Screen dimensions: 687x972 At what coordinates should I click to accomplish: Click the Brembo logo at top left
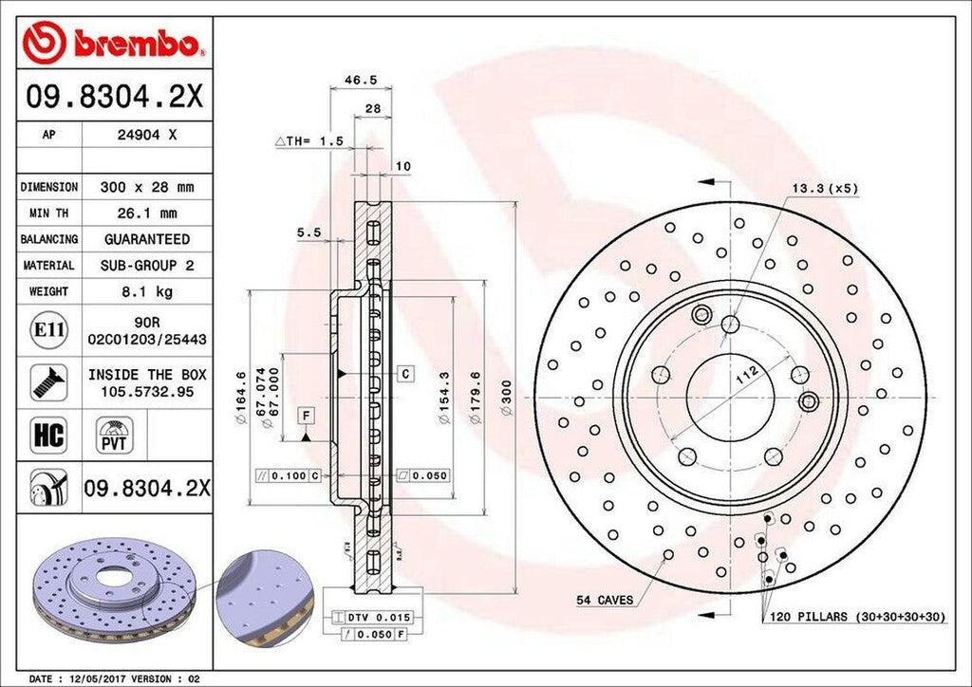(x=114, y=42)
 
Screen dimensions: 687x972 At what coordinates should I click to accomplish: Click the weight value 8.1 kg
(x=146, y=292)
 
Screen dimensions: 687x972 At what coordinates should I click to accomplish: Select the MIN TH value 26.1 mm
(x=146, y=214)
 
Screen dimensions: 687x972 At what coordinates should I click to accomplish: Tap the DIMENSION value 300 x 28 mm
(x=146, y=188)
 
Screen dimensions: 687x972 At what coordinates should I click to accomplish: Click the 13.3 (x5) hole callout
(x=825, y=188)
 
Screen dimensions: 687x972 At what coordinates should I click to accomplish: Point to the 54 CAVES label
(x=605, y=600)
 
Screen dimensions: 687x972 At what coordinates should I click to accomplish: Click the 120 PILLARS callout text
(x=855, y=617)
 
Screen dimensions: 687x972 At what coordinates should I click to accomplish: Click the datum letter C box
(x=404, y=374)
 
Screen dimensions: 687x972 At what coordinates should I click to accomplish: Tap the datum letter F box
(x=306, y=415)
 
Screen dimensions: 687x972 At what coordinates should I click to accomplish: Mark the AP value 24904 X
(x=146, y=135)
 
